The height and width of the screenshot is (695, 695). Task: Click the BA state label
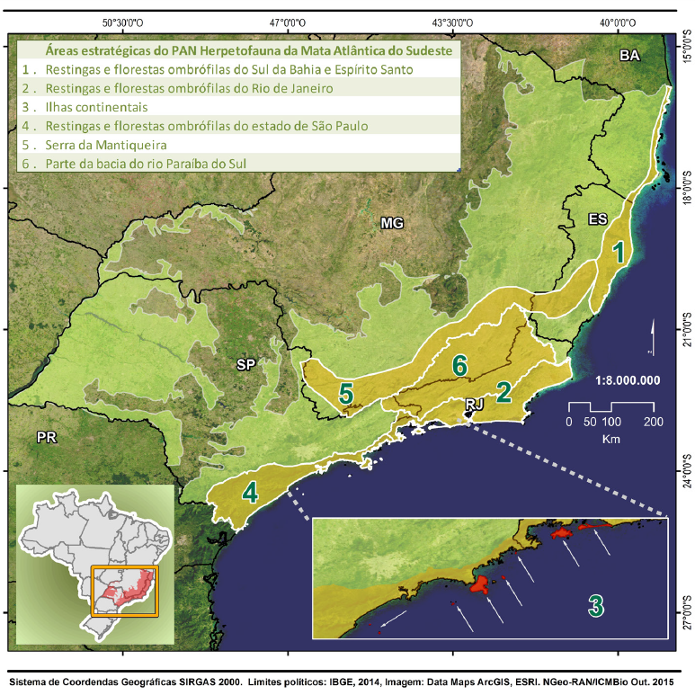pyautogui.click(x=628, y=56)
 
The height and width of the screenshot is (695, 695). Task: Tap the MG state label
pyautogui.click(x=391, y=222)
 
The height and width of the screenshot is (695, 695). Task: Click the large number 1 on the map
pyautogui.click(x=619, y=253)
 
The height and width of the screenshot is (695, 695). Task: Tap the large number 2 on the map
pyautogui.click(x=504, y=391)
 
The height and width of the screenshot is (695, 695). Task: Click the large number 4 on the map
pyautogui.click(x=251, y=493)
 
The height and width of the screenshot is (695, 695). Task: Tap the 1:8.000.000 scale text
pyautogui.click(x=616, y=379)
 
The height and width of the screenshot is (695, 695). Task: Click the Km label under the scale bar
pyautogui.click(x=611, y=440)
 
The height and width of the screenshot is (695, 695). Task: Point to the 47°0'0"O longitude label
pyautogui.click(x=287, y=22)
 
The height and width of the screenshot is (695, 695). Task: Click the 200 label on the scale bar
pyautogui.click(x=654, y=421)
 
